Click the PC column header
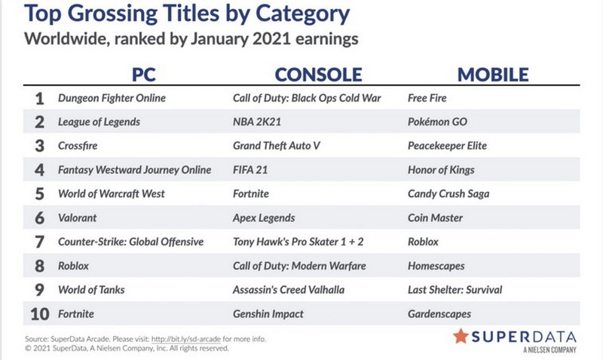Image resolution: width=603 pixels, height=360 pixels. (x=144, y=75)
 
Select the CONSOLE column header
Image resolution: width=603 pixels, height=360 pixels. (x=318, y=75)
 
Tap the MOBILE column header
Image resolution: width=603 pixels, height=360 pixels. (x=493, y=75)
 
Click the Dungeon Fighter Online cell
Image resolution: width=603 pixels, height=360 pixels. (x=112, y=99)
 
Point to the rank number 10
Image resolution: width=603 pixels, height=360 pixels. (x=40, y=314)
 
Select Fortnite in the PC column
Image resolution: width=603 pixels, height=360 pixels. (x=76, y=314)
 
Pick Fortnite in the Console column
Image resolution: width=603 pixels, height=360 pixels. (x=251, y=194)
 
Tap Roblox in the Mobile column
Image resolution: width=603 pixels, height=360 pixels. (x=423, y=242)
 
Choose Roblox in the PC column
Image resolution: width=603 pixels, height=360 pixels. (x=73, y=266)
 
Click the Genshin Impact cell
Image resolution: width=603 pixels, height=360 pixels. (x=268, y=314)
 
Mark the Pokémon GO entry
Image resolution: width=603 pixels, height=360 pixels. (x=437, y=122)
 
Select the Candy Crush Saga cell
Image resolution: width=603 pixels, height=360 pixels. (x=448, y=194)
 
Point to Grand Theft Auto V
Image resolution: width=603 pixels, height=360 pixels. (x=277, y=145)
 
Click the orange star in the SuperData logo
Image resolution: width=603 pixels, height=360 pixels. (x=461, y=336)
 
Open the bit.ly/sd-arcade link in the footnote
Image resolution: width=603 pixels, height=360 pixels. (x=186, y=339)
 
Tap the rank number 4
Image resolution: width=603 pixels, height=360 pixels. (x=40, y=170)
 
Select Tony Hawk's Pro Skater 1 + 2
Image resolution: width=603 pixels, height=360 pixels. (x=298, y=242)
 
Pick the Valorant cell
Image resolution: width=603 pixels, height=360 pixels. (x=78, y=218)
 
